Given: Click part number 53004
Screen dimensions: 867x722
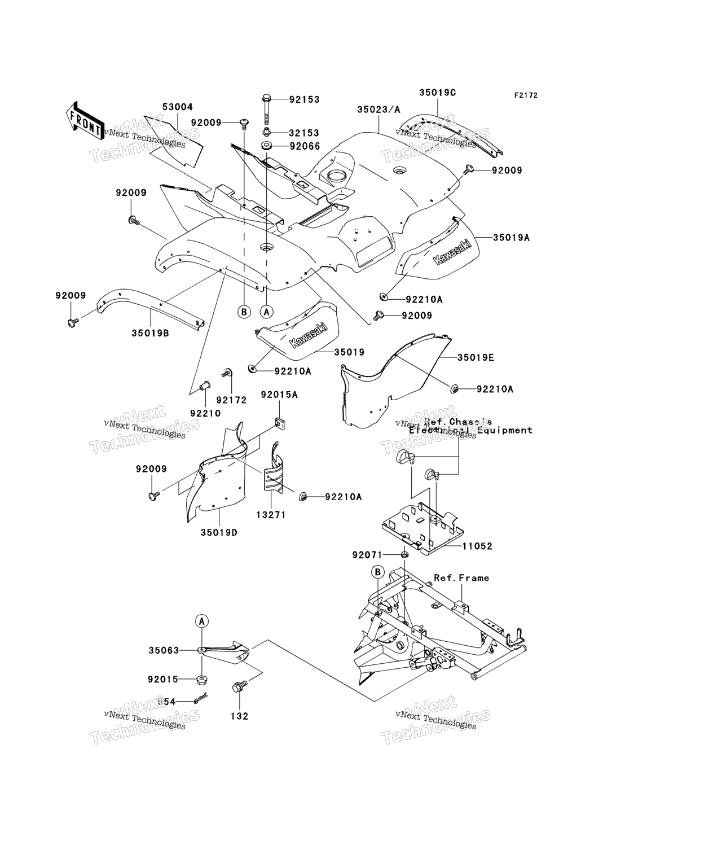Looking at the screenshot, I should tap(162, 107).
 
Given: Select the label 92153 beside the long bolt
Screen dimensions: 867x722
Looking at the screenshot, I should tap(304, 99).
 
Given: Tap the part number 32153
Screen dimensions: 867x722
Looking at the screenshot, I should tap(304, 133).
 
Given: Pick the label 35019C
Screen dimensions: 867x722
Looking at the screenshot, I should tap(437, 92).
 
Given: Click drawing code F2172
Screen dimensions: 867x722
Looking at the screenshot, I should tap(525, 95).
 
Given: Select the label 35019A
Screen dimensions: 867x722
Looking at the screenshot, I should tap(511, 238).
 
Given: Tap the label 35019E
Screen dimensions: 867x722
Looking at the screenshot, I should tap(476, 357).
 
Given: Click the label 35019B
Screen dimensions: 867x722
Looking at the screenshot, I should tap(151, 333).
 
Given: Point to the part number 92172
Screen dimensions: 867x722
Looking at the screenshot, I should tap(231, 400).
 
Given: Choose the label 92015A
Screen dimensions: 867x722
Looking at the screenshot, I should tap(279, 395).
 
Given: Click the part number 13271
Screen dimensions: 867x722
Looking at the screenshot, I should tap(272, 515).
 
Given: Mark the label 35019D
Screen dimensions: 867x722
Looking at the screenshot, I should tap(219, 532).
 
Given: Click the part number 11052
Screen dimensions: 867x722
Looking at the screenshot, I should tap(477, 546).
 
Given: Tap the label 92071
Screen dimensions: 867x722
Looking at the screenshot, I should tap(368, 555).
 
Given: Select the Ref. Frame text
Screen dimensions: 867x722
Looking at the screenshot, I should tap(461, 578).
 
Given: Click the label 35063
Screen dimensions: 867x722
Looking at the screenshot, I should tap(164, 650).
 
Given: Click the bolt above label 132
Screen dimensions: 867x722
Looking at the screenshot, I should tap(238, 687).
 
